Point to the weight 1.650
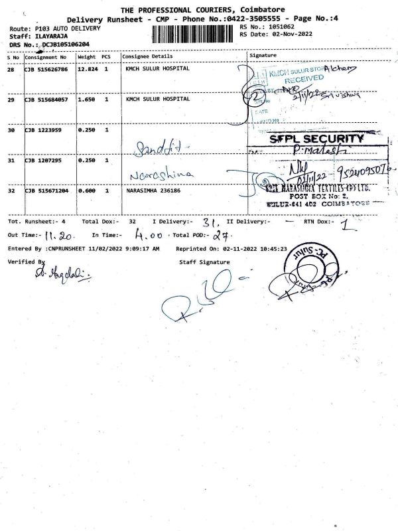[x=88, y=99]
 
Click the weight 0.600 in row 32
[x=88, y=190]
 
